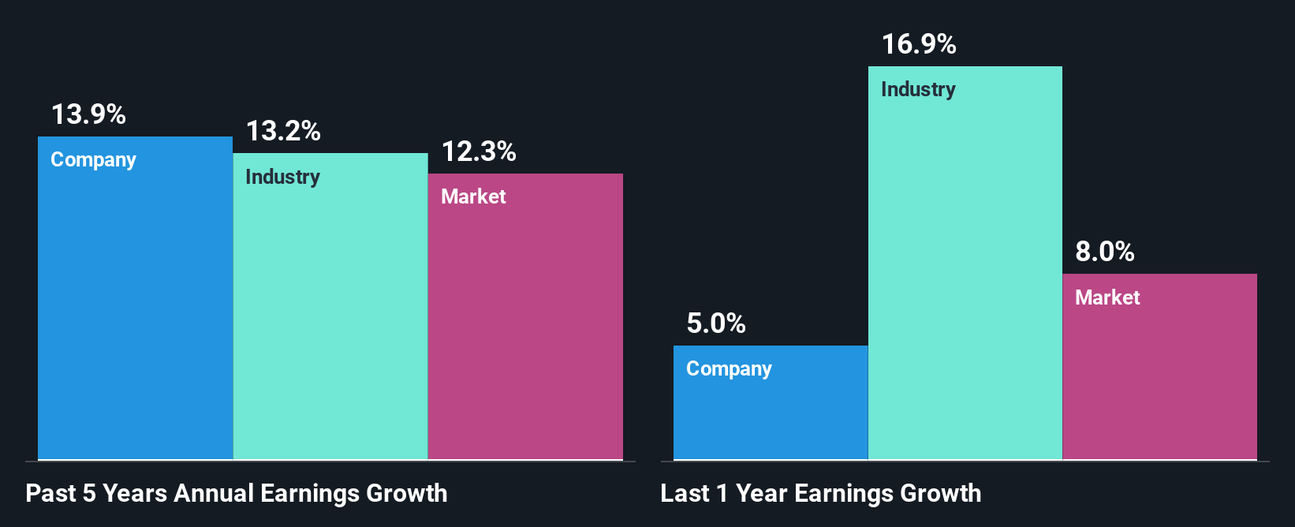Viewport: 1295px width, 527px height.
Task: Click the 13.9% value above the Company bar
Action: click(x=88, y=115)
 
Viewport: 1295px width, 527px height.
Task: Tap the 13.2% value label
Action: click(x=283, y=132)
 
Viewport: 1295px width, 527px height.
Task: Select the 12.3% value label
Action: click(x=479, y=151)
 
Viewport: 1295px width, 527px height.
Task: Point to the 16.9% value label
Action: click(x=919, y=45)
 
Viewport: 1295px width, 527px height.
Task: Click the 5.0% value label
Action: click(x=716, y=323)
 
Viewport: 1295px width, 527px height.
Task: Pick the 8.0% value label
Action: click(x=1105, y=252)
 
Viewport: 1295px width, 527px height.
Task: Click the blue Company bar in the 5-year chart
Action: click(x=135, y=316)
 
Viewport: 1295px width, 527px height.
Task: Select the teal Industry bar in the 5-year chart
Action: click(x=330, y=323)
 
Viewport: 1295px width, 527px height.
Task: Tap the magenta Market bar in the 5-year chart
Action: click(x=525, y=331)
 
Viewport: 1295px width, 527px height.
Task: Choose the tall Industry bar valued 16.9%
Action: click(x=965, y=276)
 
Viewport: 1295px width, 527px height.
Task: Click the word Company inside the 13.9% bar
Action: click(x=93, y=160)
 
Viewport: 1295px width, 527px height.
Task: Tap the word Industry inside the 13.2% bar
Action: click(x=282, y=178)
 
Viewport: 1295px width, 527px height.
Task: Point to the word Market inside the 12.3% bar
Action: click(x=473, y=197)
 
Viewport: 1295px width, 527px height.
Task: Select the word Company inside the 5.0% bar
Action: click(x=729, y=369)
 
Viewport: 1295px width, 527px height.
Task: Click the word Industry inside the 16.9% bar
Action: click(x=918, y=90)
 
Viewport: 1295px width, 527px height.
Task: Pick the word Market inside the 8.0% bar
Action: click(x=1107, y=298)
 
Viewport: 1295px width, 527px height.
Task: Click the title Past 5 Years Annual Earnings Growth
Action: click(x=237, y=494)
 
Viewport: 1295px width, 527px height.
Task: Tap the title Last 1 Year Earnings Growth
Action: click(x=821, y=494)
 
